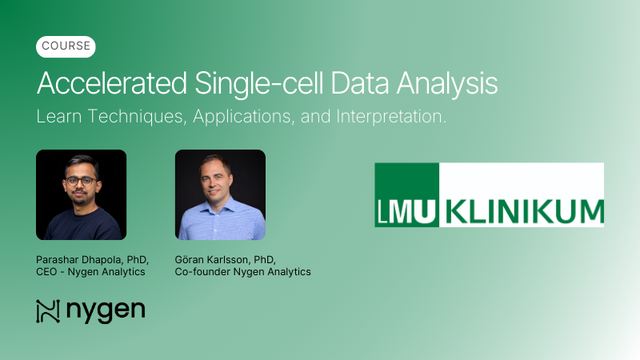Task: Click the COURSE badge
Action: [66, 46]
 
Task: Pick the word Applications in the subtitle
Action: [242, 117]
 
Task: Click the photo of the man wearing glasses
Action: [81, 194]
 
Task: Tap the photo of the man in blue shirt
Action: [220, 194]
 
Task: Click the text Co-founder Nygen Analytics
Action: [242, 272]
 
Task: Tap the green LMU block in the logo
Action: [407, 194]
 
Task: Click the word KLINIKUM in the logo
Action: [525, 212]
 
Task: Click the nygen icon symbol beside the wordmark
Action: [49, 310]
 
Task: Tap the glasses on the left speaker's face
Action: [79, 181]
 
